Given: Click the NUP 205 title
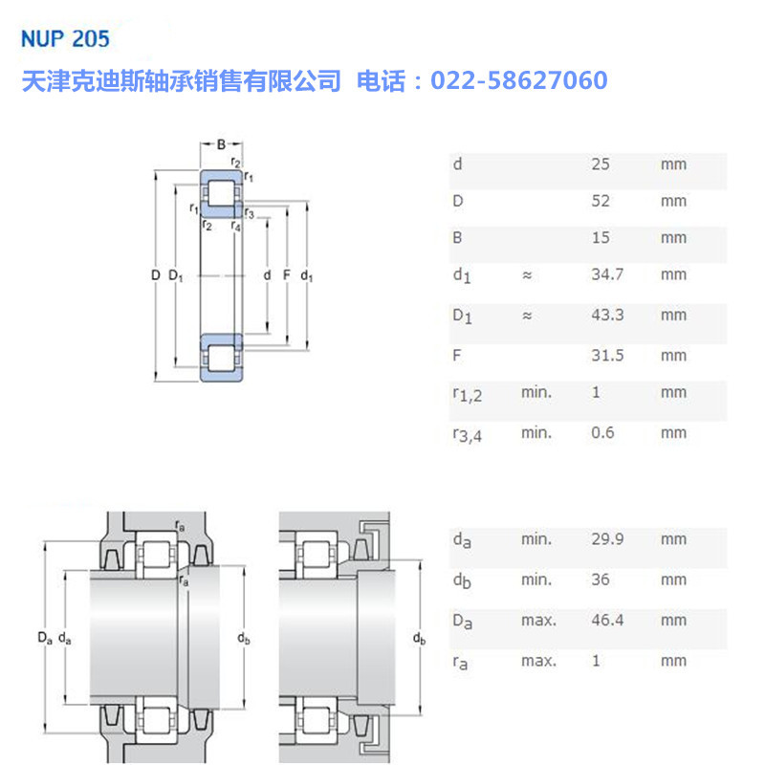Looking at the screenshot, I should point(65,39).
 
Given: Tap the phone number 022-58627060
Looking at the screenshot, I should point(519,80).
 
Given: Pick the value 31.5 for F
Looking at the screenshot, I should point(607,356).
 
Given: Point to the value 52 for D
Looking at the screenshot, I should point(601,202).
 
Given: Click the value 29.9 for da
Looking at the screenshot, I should point(607,539).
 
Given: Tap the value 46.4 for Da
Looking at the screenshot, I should point(607,621).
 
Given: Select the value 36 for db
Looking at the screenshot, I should point(601,579).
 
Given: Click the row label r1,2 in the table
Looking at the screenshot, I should point(467,394).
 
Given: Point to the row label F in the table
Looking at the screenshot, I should point(456,356).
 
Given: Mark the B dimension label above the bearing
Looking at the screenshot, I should point(221,144).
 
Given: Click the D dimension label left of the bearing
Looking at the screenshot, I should point(155,276).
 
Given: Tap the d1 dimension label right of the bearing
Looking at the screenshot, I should point(306,276).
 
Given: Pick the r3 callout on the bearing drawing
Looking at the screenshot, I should point(249,212).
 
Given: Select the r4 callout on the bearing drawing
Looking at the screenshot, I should point(236,226).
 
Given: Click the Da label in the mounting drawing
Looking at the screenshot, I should point(44,637).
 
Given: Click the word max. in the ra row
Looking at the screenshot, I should point(538,661).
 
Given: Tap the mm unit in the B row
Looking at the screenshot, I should point(673,237).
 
